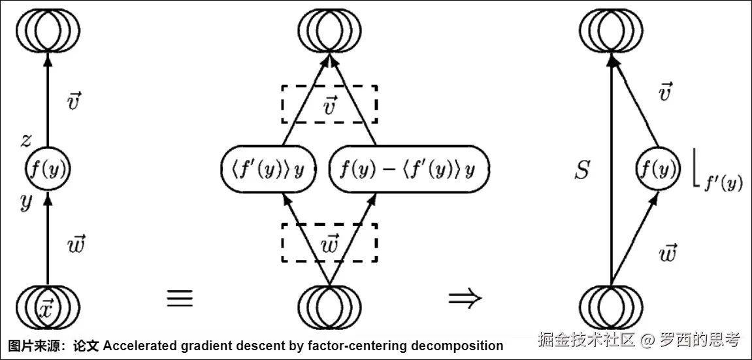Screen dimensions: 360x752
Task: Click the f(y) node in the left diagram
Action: pos(47,169)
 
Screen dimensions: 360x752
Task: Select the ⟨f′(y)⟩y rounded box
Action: pos(269,169)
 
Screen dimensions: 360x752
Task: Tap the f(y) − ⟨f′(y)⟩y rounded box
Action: pos(408,169)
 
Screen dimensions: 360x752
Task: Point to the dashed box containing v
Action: pos(330,104)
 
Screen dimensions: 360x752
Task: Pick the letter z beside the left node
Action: pos(25,140)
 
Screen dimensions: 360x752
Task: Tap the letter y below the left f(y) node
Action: pos(25,203)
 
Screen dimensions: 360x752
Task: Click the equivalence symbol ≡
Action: pos(180,298)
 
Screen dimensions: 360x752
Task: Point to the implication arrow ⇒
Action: pos(465,298)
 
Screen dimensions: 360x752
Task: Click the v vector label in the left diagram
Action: pos(74,102)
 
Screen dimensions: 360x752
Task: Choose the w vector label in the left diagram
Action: pos(76,245)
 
